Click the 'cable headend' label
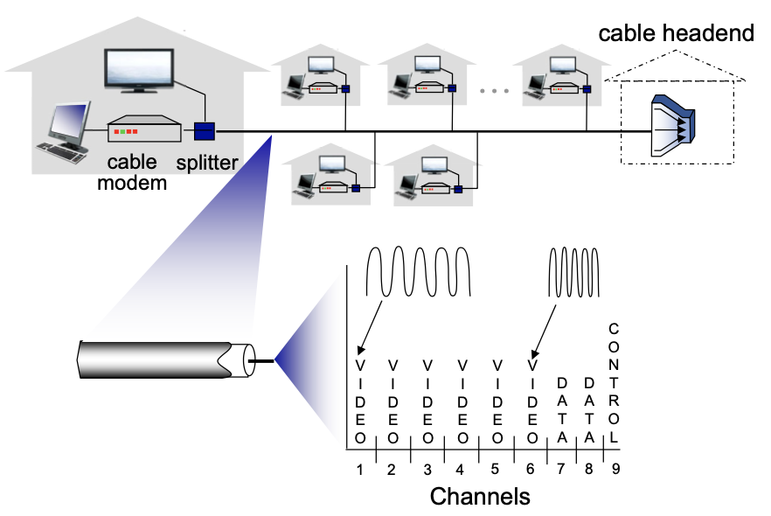tap(676, 33)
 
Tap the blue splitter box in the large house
tap(205, 132)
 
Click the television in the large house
tap(140, 70)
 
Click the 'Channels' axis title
tap(480, 497)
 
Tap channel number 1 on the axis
tap(359, 469)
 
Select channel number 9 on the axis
tap(615, 469)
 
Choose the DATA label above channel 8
tap(589, 408)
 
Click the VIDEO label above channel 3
tap(427, 400)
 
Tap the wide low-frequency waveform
tap(419, 271)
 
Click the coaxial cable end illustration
tap(166, 359)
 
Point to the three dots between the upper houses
tap(494, 90)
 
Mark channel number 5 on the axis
tap(497, 469)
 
